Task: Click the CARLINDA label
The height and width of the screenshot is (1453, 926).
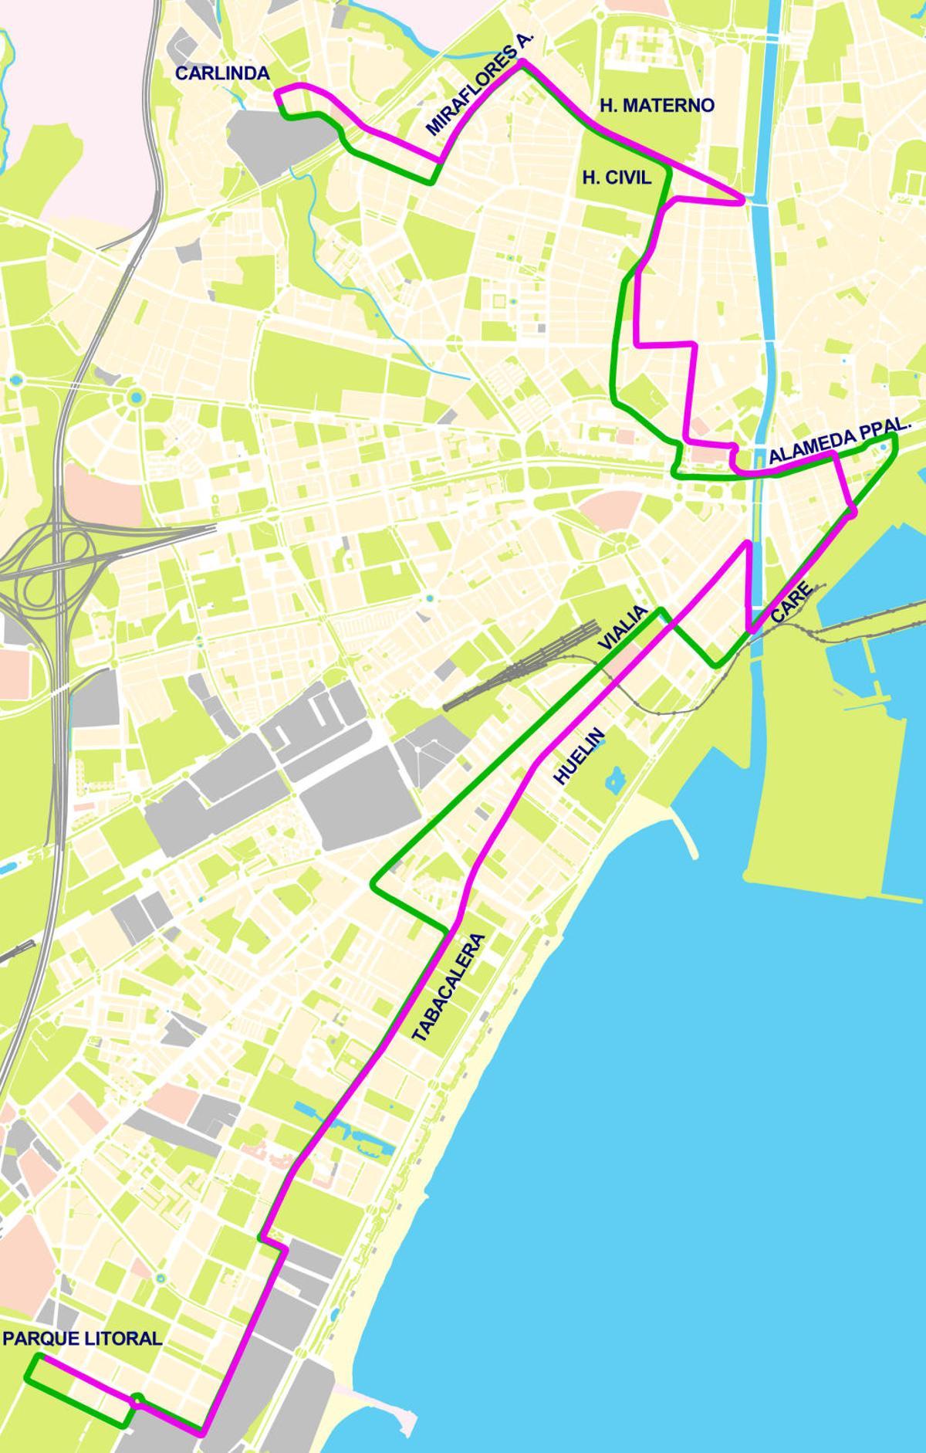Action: (x=222, y=73)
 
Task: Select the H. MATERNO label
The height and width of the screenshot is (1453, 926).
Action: (x=657, y=105)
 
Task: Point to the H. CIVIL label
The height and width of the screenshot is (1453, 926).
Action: (x=617, y=178)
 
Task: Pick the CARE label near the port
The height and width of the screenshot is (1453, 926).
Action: (x=792, y=603)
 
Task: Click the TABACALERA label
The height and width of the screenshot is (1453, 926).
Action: (x=448, y=988)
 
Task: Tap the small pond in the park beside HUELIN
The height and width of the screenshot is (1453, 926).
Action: (x=614, y=781)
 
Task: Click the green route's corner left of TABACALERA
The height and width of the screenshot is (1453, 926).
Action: (x=373, y=886)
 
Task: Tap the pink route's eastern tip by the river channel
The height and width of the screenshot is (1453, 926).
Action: (x=743, y=201)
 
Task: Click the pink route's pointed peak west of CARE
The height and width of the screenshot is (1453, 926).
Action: (x=747, y=543)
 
